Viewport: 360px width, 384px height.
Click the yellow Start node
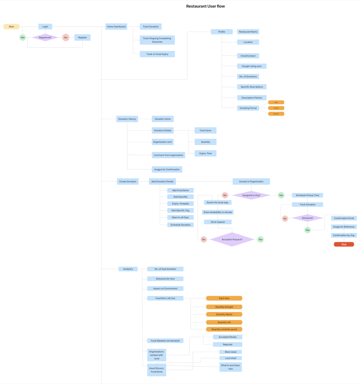[x=11, y=27]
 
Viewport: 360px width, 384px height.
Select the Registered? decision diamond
[x=45, y=37]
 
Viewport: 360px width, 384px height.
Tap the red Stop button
[x=344, y=244]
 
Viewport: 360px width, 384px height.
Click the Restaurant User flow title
[x=205, y=6]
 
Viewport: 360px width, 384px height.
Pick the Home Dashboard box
[x=116, y=27]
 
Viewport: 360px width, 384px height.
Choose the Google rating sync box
[x=252, y=66]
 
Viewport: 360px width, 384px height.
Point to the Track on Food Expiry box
[x=157, y=54]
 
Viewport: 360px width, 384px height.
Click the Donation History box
[x=127, y=119]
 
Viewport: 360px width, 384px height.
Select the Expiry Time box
[x=205, y=153]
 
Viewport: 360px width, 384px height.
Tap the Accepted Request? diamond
[x=232, y=239]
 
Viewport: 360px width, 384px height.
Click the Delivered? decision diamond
[x=308, y=218]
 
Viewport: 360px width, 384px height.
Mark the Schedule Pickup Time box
[x=307, y=195]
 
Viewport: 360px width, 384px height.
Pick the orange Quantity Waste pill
[x=224, y=314]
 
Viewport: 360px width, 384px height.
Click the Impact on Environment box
[x=165, y=288]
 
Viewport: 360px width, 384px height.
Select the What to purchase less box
[x=230, y=367]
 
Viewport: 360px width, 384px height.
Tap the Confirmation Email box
[x=344, y=218]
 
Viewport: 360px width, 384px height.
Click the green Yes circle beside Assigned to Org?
[x=281, y=195]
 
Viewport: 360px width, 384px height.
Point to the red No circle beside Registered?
[x=66, y=37]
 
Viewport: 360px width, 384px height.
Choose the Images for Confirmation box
[x=167, y=169]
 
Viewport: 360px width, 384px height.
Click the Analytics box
[x=128, y=269]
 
